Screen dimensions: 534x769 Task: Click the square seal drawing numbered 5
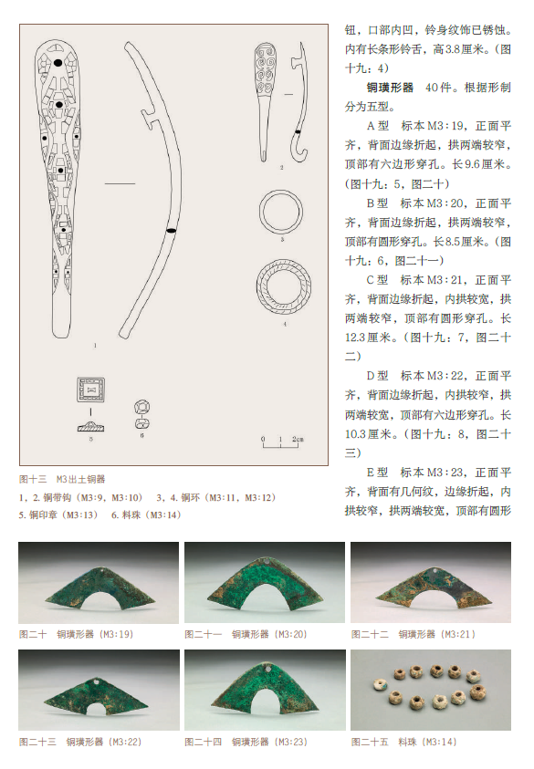pos(90,390)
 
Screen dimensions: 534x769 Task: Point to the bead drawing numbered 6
pos(141,415)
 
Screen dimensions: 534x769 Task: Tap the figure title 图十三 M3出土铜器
pos(62,479)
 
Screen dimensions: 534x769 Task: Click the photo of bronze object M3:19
pos(99,583)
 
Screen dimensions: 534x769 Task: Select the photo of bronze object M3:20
pos(265,583)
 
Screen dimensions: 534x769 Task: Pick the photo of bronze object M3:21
pos(431,583)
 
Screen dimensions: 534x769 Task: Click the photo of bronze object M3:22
pos(99,690)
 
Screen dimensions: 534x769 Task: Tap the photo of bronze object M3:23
pos(265,690)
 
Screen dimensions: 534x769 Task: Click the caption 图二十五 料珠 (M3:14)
pos(404,742)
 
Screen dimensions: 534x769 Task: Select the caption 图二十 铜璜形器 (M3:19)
pos(76,634)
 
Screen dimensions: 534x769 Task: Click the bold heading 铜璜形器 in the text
pos(390,88)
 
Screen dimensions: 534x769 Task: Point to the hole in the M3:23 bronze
pos(266,668)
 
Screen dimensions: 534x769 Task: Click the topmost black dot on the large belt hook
pos(58,63)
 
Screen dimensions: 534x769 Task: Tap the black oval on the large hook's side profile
pos(171,231)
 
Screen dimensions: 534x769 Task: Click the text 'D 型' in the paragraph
pos(377,376)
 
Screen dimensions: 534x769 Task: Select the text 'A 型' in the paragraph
pos(377,126)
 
